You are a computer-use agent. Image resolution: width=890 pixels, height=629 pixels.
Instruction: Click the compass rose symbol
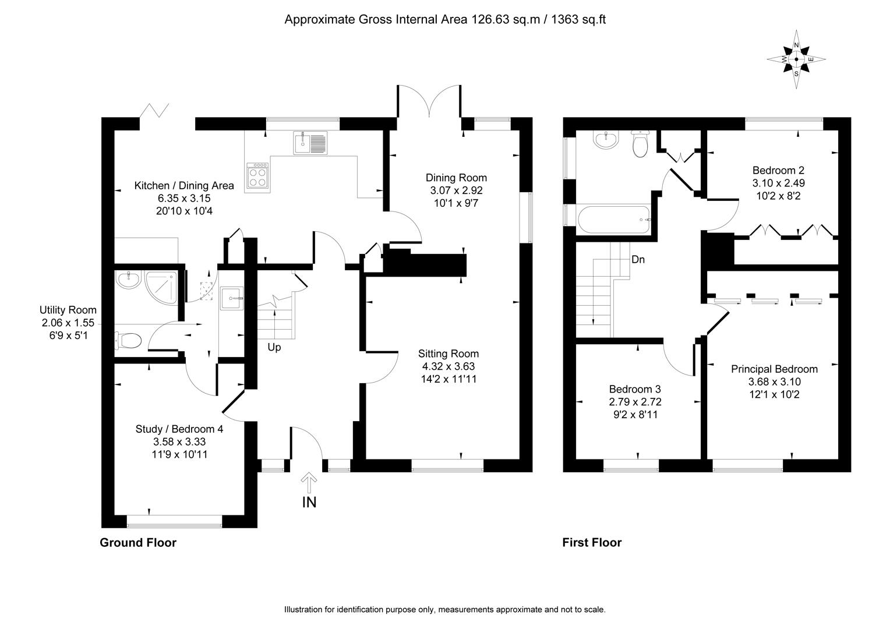pyautogui.click(x=796, y=59)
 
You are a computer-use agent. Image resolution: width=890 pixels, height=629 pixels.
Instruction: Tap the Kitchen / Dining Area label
pyautogui.click(x=184, y=186)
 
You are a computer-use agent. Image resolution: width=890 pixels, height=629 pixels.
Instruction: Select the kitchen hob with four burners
pyautogui.click(x=258, y=175)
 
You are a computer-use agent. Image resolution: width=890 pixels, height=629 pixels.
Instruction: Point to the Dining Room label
pyautogui.click(x=456, y=178)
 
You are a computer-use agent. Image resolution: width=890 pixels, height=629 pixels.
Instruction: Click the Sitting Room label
pyautogui.click(x=448, y=354)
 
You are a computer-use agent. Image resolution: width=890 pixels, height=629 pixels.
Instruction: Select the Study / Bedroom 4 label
pyautogui.click(x=179, y=429)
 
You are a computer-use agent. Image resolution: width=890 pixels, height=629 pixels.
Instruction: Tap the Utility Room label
pyautogui.click(x=68, y=310)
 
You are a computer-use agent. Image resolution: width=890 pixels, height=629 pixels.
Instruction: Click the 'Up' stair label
pyautogui.click(x=274, y=348)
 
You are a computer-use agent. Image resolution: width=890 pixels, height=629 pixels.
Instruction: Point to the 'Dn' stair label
pyautogui.click(x=638, y=260)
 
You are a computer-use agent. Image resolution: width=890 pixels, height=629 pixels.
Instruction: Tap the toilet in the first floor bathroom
pyautogui.click(x=640, y=143)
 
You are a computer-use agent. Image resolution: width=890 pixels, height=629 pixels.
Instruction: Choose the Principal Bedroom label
pyautogui.click(x=774, y=369)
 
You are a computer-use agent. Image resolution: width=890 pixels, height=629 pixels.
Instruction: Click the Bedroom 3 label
pyautogui.click(x=635, y=389)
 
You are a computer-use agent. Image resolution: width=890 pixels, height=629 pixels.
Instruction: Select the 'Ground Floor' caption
pyautogui.click(x=138, y=543)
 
